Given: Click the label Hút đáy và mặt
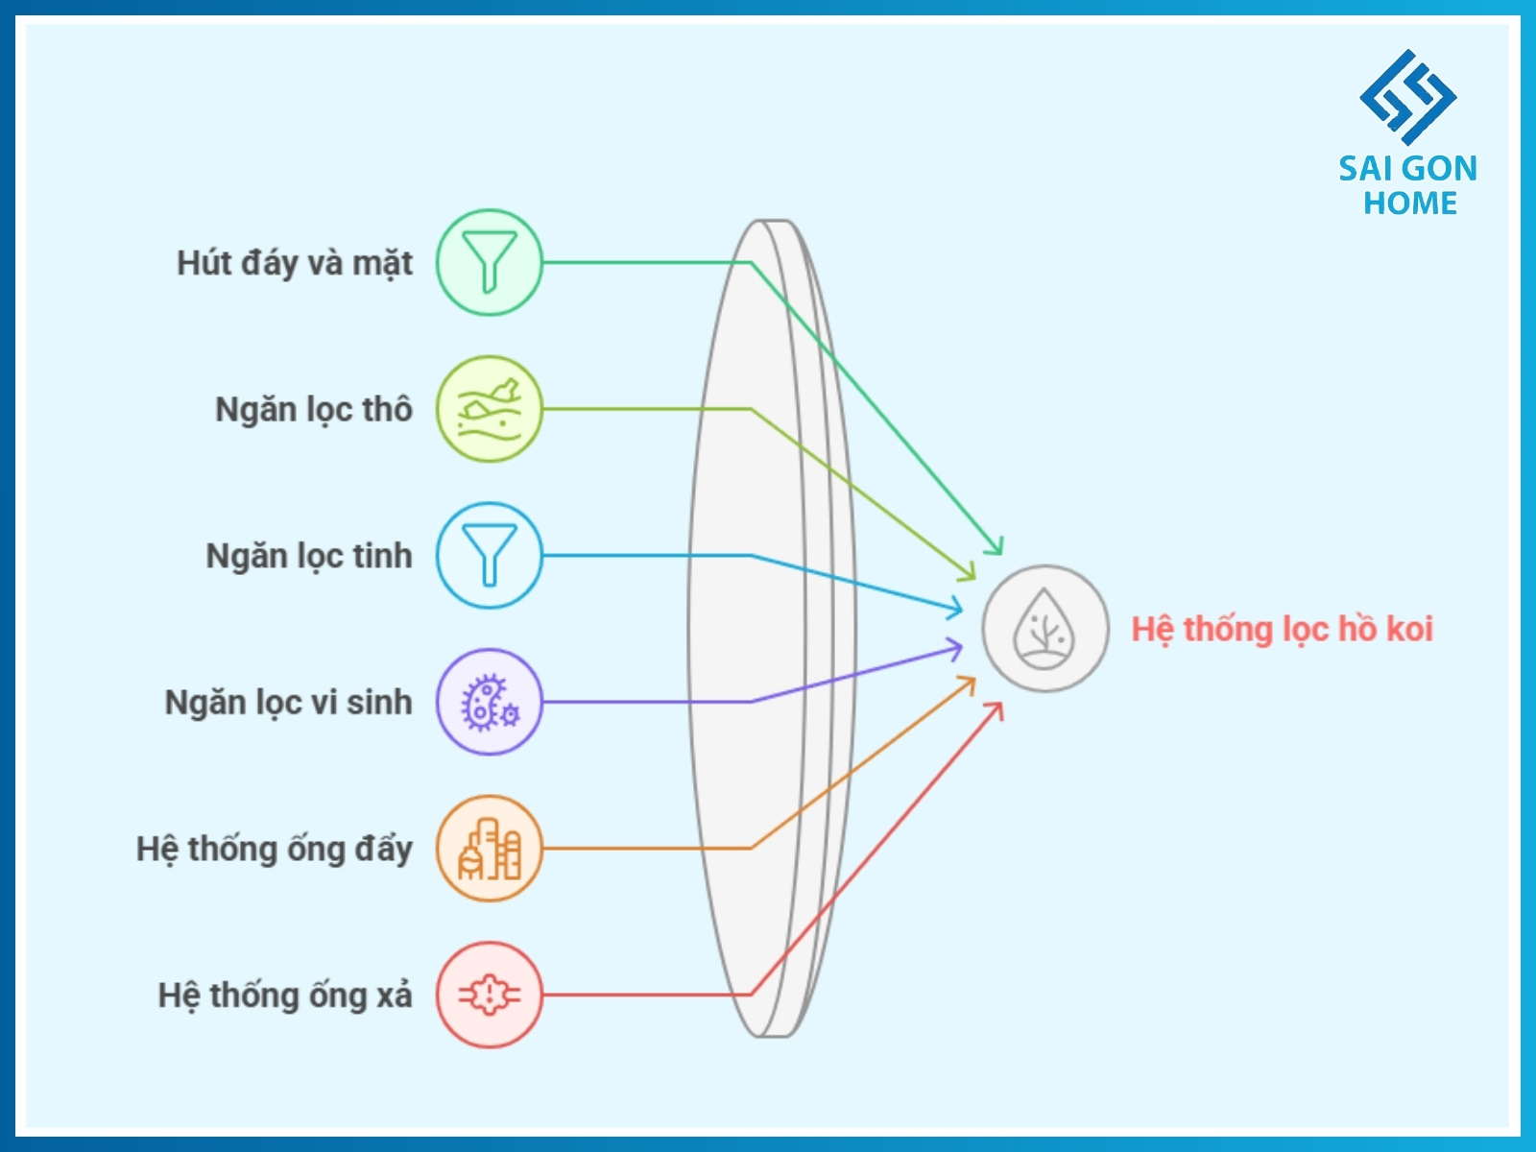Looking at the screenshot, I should pos(294,263).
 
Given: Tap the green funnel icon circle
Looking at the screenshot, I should pos(490,262).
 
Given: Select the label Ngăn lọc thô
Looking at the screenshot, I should pos(313,410).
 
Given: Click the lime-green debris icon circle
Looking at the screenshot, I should pos(490,409).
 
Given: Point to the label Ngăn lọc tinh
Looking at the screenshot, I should pos(308,556).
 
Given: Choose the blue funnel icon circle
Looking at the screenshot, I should pos(490,556).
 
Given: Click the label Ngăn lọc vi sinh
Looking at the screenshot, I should pos(288,703).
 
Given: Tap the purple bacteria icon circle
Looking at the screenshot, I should pos(490,702).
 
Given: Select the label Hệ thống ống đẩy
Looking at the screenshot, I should pos(274,850).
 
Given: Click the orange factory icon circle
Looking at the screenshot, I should pos(490,849).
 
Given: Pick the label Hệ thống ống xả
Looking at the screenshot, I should pos(284,996).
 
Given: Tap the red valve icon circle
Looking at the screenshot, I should pos(490,995).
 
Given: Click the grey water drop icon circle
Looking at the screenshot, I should pos(1044,629).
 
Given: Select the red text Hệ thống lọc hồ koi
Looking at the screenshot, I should pos(1282,630).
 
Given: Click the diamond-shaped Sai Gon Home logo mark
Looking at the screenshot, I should pos(1407,97).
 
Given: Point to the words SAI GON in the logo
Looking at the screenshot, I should pos(1407,169).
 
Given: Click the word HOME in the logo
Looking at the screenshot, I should pos(1409,204).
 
